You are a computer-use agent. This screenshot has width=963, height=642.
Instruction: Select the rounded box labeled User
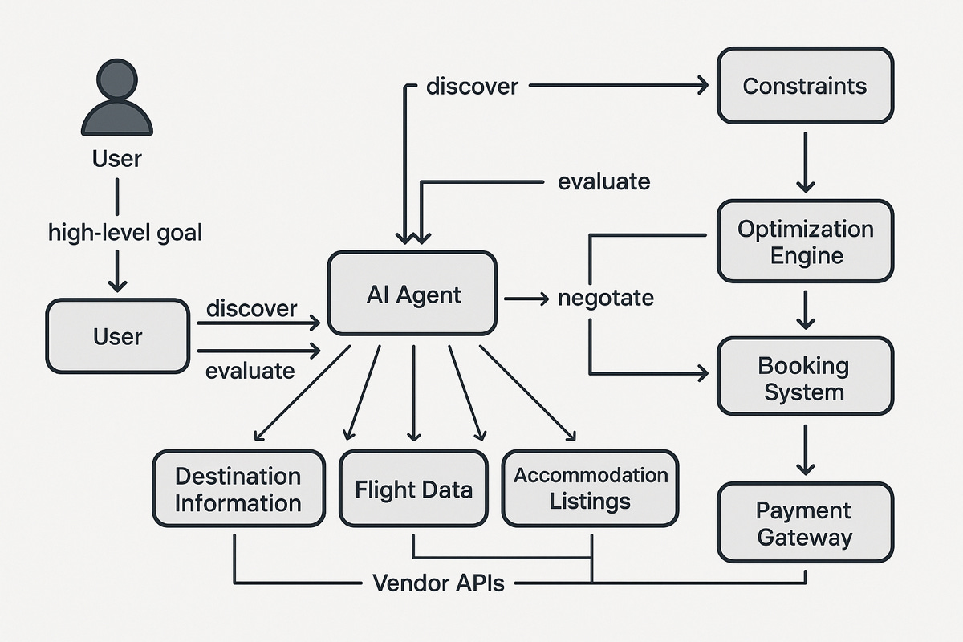(117, 336)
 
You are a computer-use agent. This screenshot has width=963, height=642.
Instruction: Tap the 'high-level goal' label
(125, 234)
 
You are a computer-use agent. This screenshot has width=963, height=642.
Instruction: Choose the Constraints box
(805, 86)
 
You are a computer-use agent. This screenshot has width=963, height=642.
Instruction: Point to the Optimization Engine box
(805, 242)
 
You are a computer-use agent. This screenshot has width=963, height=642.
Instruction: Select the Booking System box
(805, 379)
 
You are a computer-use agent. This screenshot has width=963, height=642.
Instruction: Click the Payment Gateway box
(805, 523)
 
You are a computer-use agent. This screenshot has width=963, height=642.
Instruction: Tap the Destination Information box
(238, 490)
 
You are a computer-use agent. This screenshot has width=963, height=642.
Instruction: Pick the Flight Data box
(413, 490)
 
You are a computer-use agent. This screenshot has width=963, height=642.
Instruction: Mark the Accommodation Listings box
(590, 488)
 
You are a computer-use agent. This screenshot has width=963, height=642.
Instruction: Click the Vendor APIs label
(438, 583)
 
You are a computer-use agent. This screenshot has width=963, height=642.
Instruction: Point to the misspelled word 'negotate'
(606, 299)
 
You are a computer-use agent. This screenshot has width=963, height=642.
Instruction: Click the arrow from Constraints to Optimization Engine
(805, 160)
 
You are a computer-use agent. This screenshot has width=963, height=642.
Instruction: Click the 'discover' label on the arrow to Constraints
(472, 86)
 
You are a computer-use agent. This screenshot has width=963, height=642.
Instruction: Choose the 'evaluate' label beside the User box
(250, 372)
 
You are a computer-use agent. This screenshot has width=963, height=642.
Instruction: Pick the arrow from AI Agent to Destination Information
(302, 393)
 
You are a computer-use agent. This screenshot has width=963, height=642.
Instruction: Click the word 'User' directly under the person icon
(117, 159)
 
